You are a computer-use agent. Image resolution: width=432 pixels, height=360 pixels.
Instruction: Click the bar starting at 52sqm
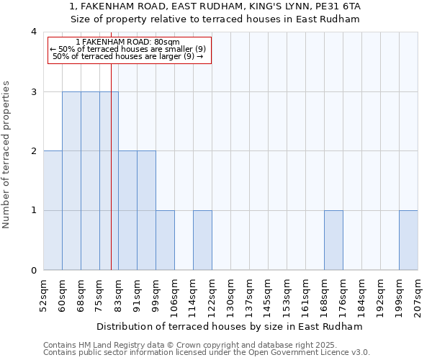click(x=53, y=210)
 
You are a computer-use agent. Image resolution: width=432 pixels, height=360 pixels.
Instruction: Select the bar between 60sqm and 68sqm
click(x=71, y=181)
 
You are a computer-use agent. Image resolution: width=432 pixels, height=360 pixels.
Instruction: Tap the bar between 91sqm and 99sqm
click(x=146, y=210)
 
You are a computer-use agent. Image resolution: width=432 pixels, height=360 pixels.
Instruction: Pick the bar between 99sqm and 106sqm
click(x=165, y=240)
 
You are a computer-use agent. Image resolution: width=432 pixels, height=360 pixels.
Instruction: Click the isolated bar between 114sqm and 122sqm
click(x=202, y=240)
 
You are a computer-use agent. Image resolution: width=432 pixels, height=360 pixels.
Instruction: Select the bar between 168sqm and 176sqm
click(x=333, y=240)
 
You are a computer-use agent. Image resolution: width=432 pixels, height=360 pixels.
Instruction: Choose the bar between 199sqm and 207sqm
click(x=408, y=240)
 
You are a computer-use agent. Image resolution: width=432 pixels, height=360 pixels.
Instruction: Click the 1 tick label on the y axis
click(x=33, y=211)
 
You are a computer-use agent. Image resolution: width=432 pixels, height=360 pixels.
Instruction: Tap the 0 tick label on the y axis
click(x=33, y=271)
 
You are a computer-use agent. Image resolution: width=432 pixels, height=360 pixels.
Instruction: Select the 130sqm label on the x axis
click(x=230, y=294)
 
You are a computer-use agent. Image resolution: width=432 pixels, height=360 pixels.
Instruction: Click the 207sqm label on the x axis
click(x=418, y=294)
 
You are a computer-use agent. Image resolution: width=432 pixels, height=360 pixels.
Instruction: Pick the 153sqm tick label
click(x=287, y=294)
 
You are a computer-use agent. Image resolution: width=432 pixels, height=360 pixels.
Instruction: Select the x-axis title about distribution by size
click(x=230, y=326)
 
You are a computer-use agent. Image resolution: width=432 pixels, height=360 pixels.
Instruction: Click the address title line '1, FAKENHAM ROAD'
click(x=215, y=6)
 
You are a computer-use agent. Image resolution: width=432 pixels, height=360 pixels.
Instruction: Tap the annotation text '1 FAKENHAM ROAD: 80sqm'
click(x=127, y=42)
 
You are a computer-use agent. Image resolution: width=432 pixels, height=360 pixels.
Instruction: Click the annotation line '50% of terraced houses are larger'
click(x=127, y=56)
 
